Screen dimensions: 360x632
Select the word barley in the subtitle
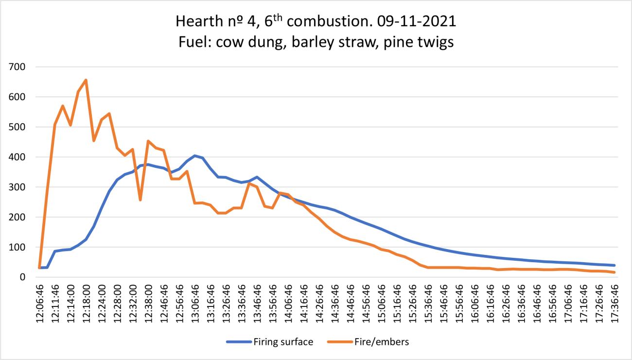coord(304,42)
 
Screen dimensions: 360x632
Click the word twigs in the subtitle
coord(434,42)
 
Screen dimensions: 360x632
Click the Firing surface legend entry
coord(282,342)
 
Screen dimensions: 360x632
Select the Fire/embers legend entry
coord(379,342)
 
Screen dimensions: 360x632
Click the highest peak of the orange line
coord(86,80)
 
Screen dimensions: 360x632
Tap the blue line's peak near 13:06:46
coord(195,156)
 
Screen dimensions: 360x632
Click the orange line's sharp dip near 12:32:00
coord(140,200)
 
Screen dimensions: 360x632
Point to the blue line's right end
coord(615,265)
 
